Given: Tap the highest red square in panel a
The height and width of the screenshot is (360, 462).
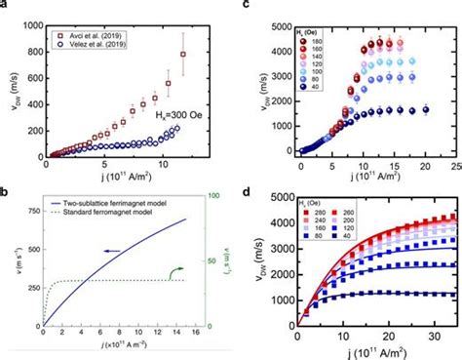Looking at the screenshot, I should pyautogui.click(x=181, y=55).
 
